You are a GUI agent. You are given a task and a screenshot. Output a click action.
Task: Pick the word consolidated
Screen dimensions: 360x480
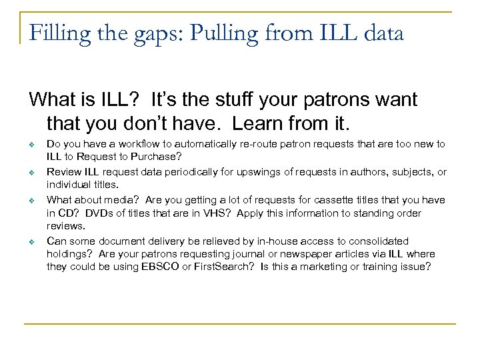pos(377,241)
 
